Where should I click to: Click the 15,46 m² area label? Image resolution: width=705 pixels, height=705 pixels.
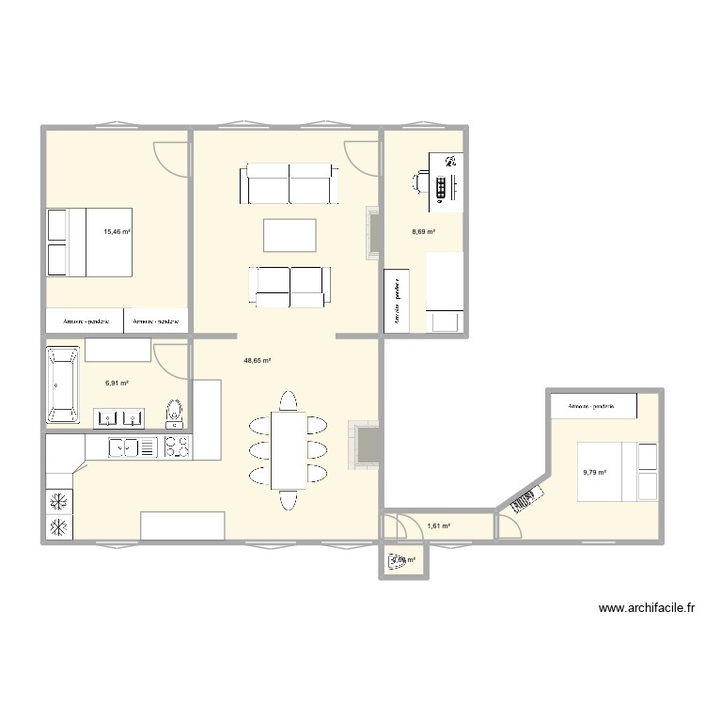pyautogui.click(x=117, y=230)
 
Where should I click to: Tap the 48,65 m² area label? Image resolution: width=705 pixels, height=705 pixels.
pyautogui.click(x=258, y=360)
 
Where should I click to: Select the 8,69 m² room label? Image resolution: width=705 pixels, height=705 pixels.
pyautogui.click(x=424, y=231)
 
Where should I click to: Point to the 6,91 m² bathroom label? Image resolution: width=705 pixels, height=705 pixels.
pyautogui.click(x=116, y=383)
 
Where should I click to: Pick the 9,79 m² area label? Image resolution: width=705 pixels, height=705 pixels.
pyautogui.click(x=595, y=473)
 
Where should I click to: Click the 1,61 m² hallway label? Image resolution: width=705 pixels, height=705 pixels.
pyautogui.click(x=439, y=526)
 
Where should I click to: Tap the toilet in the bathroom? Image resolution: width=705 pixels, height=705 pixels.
pyautogui.click(x=174, y=412)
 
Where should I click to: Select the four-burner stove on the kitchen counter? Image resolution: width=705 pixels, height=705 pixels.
pyautogui.click(x=177, y=448)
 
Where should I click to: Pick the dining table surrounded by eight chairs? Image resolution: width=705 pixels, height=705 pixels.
pyautogui.click(x=288, y=449)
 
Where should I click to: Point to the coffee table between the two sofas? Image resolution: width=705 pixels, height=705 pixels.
pyautogui.click(x=290, y=235)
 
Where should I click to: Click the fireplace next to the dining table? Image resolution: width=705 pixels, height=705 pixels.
pyautogui.click(x=365, y=443)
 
